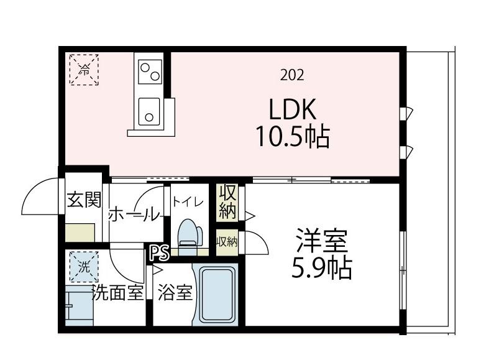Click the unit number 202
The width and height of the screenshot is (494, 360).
click(292, 76)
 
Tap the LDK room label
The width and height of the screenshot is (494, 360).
click(293, 109)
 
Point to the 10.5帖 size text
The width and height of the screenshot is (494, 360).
click(293, 136)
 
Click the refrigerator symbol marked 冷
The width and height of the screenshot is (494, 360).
click(83, 69)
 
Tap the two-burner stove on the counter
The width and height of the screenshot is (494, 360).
click(150, 70)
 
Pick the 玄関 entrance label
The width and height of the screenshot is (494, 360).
click(83, 200)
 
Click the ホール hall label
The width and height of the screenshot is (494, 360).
click(134, 215)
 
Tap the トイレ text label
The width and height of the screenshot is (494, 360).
click(188, 201)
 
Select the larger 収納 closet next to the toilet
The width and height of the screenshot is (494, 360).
click(227, 201)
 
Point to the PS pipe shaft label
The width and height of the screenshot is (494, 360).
click(159, 254)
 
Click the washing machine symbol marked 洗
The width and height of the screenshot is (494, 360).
click(83, 266)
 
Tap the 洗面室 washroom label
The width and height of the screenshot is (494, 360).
click(117, 292)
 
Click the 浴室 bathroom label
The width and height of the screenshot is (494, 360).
click(174, 293)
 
